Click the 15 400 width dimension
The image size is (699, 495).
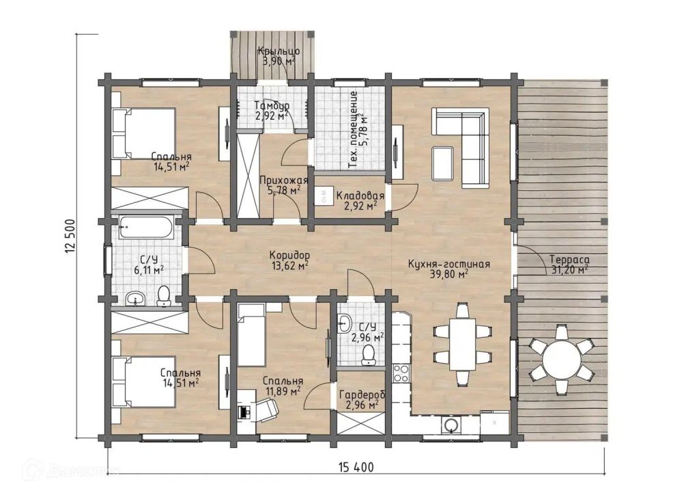click(356, 468)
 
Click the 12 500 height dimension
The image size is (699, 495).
click(70, 237)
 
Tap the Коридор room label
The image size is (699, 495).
click(289, 255)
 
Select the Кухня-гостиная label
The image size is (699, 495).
click(449, 264)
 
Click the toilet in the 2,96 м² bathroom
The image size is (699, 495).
click(368, 356)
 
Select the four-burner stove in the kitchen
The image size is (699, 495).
click(401, 373)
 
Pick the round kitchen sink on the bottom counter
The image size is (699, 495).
click(451, 425)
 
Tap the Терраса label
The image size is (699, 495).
click(569, 259)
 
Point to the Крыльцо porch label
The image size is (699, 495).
click(279, 51)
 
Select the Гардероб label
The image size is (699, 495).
click(362, 394)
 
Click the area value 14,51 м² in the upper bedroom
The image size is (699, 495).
click(171, 168)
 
